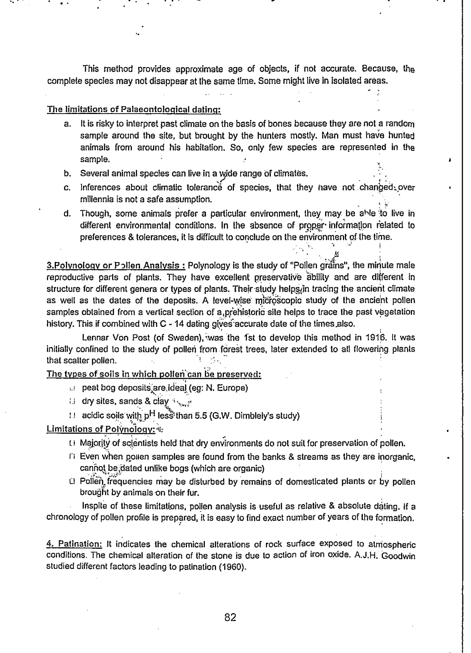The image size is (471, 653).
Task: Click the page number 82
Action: (230, 617)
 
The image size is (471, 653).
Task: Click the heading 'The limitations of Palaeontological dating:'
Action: (133, 110)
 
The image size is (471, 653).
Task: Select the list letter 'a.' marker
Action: (67, 124)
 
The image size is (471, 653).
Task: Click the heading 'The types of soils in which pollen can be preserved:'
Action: (154, 375)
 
